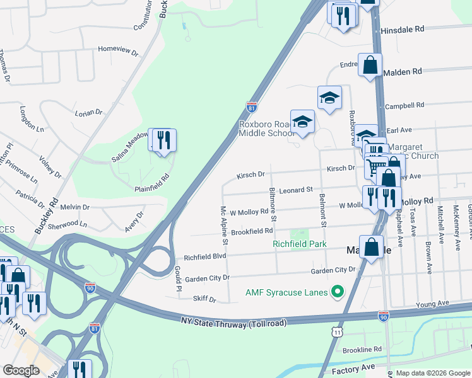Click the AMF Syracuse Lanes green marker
tap(338, 292)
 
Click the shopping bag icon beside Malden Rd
tap(370, 64)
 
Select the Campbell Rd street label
tap(404, 105)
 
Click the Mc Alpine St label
tap(223, 224)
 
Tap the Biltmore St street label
tap(273, 204)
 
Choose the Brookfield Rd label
tap(251, 232)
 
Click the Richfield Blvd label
tap(204, 257)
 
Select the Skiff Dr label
tap(204, 299)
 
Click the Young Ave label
tap(432, 303)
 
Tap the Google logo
tap(21, 370)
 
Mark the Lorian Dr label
tap(88, 113)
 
